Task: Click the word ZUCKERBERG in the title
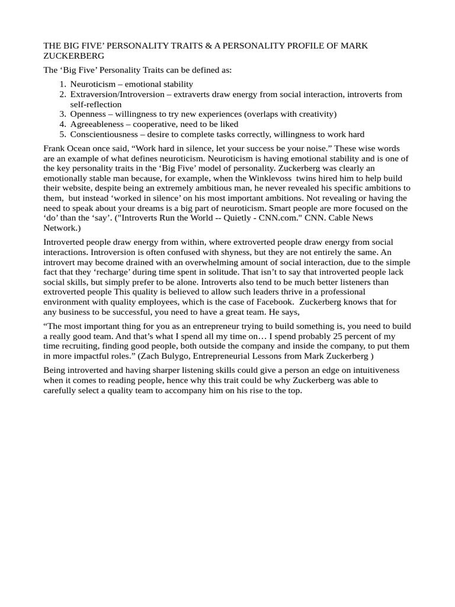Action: tap(74, 56)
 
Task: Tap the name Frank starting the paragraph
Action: tap(55, 148)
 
